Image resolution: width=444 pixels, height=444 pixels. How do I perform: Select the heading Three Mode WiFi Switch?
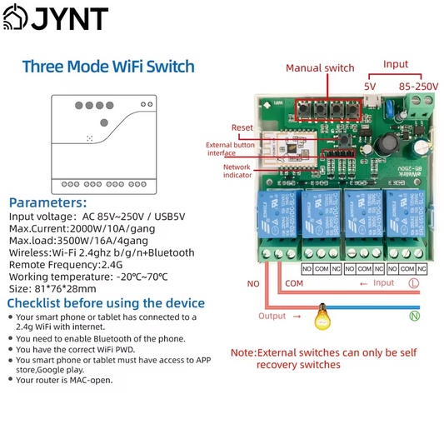(108, 67)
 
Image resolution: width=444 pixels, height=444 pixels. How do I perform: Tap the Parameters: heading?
(47, 202)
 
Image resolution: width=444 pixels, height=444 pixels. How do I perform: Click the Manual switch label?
(320, 68)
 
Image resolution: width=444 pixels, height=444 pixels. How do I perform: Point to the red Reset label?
(242, 127)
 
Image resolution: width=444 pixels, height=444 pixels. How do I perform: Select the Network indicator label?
(237, 171)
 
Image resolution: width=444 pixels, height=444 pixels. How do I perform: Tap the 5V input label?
(371, 86)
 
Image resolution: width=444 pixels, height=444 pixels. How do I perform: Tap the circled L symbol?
(413, 283)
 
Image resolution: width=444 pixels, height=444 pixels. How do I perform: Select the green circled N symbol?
(414, 316)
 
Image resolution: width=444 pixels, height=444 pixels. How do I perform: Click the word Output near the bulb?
(272, 316)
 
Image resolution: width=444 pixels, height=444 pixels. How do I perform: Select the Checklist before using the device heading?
(106, 302)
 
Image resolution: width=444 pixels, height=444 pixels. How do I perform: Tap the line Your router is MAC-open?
(64, 380)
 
